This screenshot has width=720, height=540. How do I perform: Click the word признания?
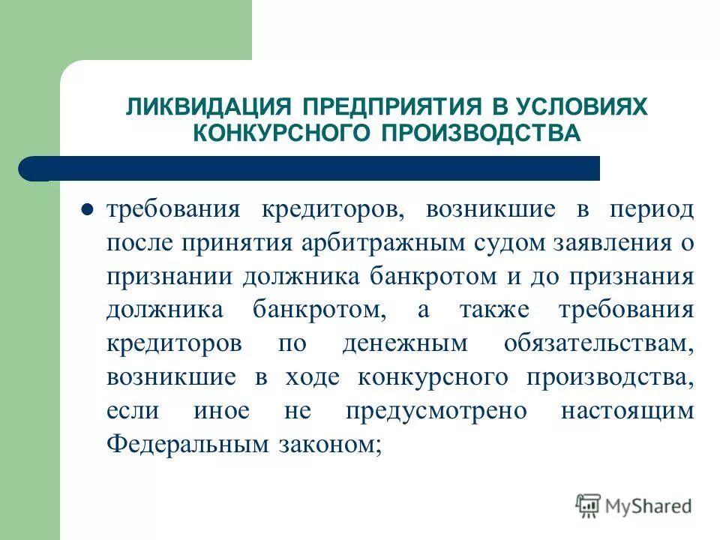[635, 276]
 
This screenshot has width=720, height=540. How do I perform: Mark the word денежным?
[406, 343]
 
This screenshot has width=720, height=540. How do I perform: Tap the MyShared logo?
[634, 505]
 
